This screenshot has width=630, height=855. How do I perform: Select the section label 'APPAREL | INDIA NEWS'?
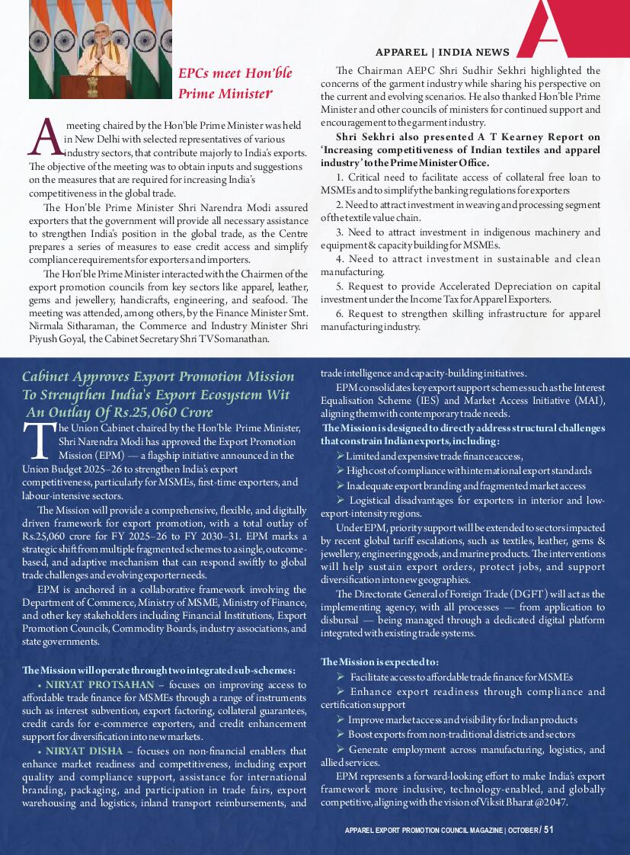click(443, 53)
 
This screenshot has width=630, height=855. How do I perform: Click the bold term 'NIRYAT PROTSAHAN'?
click(99, 684)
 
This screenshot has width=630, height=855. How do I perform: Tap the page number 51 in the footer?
click(548, 830)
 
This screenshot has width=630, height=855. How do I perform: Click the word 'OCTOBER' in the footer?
click(522, 830)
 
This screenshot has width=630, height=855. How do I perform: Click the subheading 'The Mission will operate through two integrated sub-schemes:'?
click(158, 670)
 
